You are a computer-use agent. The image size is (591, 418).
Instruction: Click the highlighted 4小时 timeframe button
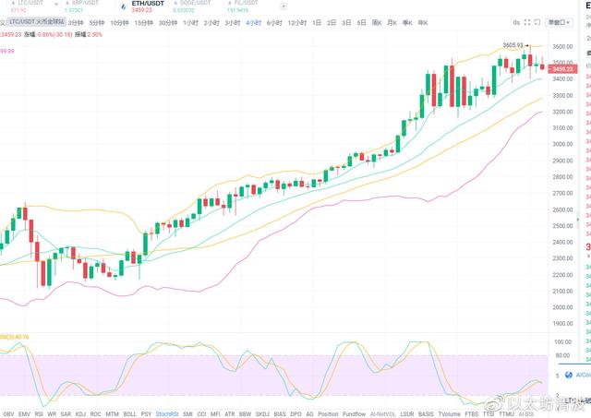[253, 22]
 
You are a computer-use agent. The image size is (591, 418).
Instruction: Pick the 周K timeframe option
[377, 22]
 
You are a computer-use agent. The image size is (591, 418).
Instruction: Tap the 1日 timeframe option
[317, 22]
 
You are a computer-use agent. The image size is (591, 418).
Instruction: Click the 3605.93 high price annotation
[513, 44]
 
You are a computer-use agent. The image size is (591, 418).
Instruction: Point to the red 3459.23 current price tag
[563, 68]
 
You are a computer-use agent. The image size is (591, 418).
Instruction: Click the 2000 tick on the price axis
[562, 307]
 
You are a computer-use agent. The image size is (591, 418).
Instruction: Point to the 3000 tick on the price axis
[562, 144]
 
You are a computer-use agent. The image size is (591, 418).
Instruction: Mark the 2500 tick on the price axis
[562, 226]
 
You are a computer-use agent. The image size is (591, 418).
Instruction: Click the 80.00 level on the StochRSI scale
[561, 340]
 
